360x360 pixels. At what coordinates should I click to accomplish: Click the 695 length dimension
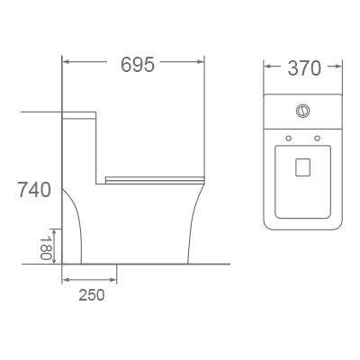[x=137, y=65]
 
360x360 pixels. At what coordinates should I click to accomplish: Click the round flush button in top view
[x=302, y=112]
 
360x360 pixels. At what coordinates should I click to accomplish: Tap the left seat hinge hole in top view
[x=287, y=139]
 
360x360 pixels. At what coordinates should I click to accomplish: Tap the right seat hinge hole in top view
[x=318, y=139]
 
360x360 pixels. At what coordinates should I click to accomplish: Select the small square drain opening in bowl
[x=303, y=166]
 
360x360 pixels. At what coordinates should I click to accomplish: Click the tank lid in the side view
[x=79, y=115]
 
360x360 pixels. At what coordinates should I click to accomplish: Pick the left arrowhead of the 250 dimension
[x=66, y=280]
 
